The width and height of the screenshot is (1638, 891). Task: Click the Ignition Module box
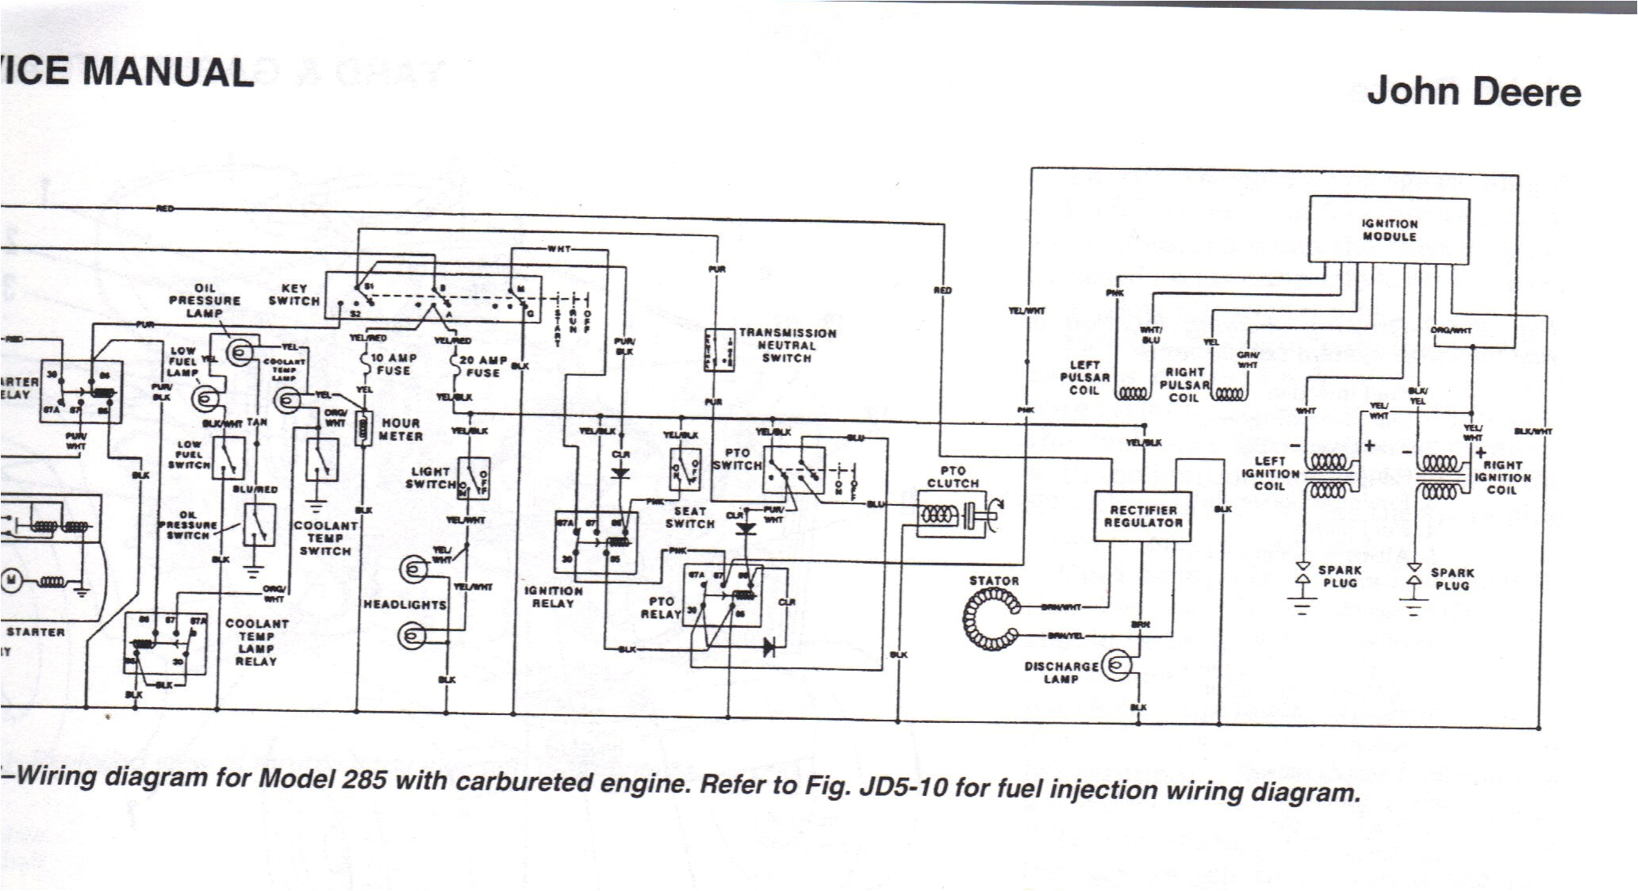point(1388,230)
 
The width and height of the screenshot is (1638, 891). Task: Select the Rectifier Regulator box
point(1142,516)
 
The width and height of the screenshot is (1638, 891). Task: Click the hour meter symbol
point(364,428)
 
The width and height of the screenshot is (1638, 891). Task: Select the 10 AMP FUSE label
point(393,364)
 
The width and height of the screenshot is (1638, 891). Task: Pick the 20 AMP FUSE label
point(482,366)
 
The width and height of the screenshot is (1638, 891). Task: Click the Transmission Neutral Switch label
point(786,346)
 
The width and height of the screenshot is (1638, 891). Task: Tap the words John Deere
point(1473,92)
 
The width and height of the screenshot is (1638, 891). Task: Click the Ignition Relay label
point(553,597)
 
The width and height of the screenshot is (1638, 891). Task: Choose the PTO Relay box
point(722,595)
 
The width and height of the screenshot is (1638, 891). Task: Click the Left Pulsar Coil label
point(1084,377)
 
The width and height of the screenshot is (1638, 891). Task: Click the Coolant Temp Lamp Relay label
point(256,642)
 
